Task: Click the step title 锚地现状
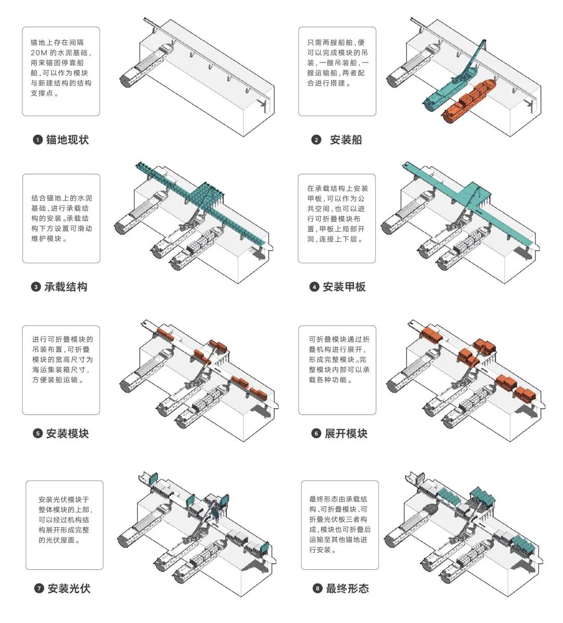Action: (67, 140)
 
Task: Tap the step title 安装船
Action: (346, 140)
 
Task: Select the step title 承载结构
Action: (66, 286)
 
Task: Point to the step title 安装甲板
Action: (344, 286)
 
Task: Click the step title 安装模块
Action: (67, 433)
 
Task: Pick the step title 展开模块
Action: (346, 433)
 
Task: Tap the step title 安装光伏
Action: (69, 589)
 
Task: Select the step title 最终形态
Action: (347, 589)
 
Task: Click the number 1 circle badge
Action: (38, 140)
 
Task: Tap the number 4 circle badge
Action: (314, 287)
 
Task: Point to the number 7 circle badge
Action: (39, 589)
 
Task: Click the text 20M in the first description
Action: (40, 53)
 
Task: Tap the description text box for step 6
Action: (337, 370)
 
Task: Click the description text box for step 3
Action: (61, 218)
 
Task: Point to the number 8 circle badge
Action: (317, 589)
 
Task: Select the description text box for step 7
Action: (65, 525)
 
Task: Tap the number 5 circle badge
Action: (38, 434)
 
